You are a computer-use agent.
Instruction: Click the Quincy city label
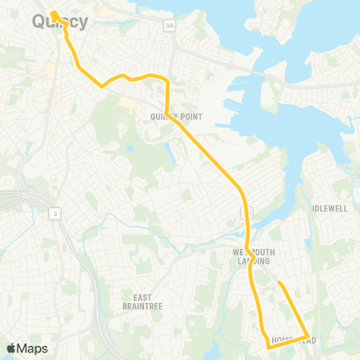tap(60, 22)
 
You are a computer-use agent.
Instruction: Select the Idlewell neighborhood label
tap(330, 208)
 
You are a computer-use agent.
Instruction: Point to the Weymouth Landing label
tap(250, 256)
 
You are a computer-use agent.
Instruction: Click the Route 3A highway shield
tap(170, 25)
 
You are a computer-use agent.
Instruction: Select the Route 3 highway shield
tap(54, 214)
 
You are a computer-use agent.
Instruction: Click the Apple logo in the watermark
tap(12, 348)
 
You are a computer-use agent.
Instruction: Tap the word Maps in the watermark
tap(34, 348)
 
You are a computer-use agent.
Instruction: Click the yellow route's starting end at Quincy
tap(55, 13)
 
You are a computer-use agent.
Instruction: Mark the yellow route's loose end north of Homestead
tap(278, 283)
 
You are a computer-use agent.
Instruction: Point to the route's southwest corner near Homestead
tap(268, 347)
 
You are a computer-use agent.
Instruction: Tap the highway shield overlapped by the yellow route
tap(247, 213)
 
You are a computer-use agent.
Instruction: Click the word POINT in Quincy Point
tap(183, 116)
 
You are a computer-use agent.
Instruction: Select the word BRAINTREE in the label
tap(143, 306)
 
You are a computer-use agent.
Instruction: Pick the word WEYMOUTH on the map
tap(250, 251)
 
